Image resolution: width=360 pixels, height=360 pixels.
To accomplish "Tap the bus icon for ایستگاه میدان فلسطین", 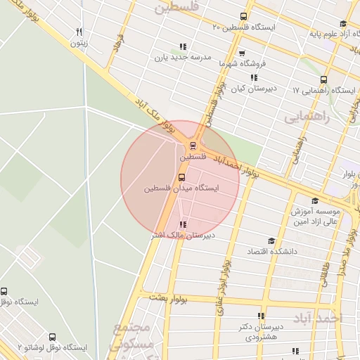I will click(182, 178).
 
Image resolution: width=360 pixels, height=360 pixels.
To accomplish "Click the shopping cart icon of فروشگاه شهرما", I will click(241, 53).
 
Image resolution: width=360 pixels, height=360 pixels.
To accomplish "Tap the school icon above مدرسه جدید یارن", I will click(183, 47).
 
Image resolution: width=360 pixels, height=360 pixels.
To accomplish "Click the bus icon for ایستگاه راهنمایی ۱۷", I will click(323, 80).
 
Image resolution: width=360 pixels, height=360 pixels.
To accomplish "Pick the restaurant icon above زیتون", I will click(79, 32).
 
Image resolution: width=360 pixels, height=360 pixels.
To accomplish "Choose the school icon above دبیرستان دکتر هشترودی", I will click(262, 316).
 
